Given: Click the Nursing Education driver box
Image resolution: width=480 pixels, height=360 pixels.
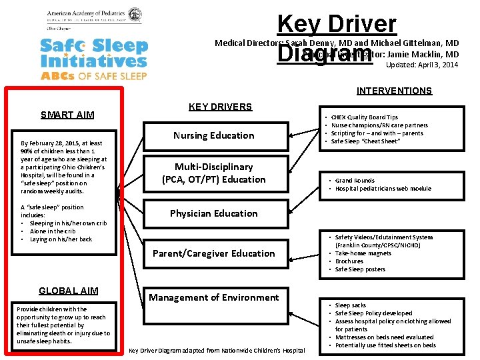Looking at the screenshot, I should (213, 135).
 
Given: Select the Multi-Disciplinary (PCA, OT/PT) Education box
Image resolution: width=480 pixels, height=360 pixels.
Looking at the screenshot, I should (213, 173).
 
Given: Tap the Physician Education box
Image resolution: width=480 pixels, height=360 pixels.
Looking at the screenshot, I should (213, 213).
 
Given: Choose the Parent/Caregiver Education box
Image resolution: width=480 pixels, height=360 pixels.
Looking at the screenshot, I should (213, 253).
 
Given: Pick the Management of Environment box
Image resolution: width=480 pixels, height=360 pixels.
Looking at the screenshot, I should (213, 297).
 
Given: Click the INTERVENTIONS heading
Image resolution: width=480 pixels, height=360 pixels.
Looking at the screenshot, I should (394, 91).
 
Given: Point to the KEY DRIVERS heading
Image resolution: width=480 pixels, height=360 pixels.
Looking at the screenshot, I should (220, 107).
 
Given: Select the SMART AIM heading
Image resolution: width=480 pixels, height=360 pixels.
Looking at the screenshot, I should (67, 115).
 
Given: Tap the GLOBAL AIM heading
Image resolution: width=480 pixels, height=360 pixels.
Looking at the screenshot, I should (68, 291).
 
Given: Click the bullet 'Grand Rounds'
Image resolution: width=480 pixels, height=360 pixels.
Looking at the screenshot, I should (355, 181).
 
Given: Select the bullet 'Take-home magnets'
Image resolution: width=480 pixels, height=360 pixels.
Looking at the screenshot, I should (363, 253).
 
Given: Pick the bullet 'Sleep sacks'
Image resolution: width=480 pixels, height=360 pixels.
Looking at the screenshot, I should (351, 305).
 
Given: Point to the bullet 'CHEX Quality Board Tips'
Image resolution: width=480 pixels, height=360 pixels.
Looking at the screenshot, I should (364, 117).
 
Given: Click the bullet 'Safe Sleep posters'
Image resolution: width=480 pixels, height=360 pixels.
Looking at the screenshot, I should (360, 269).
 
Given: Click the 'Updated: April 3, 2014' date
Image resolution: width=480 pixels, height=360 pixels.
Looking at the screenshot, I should (422, 65).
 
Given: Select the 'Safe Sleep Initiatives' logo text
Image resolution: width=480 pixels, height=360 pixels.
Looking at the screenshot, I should (93, 53).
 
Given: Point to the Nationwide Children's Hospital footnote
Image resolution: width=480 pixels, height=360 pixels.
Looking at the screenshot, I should (216, 350).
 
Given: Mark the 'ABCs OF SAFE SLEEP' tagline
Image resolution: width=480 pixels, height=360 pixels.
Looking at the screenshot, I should (93, 76).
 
